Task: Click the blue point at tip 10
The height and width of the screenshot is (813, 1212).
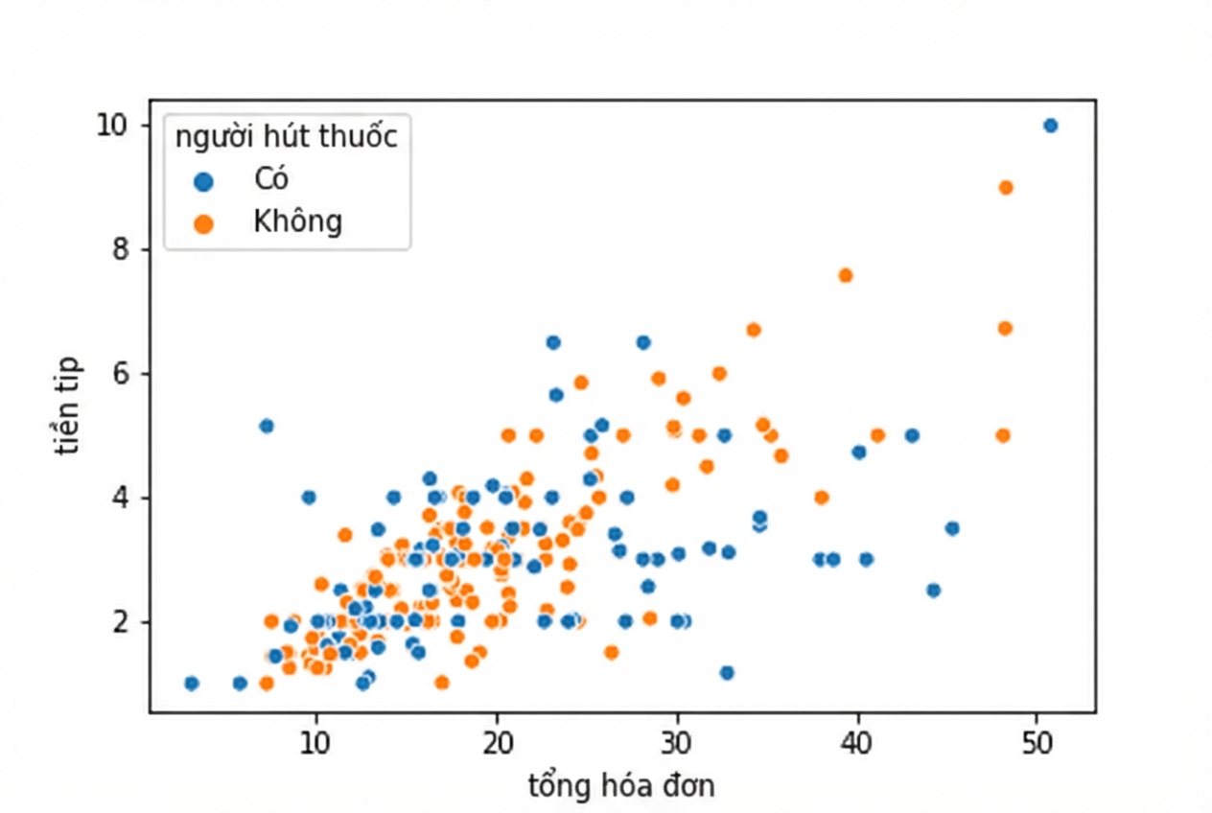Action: click(1050, 126)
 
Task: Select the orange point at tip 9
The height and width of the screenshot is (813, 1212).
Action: click(1006, 188)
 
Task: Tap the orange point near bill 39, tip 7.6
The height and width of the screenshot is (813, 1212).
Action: click(846, 276)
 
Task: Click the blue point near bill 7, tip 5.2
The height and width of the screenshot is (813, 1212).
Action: click(267, 427)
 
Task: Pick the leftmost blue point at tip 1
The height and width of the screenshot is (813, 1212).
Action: click(192, 684)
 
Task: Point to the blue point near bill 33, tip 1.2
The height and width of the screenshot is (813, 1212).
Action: click(727, 672)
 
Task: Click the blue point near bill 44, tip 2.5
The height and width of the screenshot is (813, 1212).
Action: click(933, 591)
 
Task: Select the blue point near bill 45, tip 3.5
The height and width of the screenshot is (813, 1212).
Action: click(952, 528)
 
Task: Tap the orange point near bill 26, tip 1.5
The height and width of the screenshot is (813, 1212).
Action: click(612, 652)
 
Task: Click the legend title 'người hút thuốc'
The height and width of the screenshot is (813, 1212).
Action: click(287, 136)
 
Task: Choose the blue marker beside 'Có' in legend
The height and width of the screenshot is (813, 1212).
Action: click(203, 181)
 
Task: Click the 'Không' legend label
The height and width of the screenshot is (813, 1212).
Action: click(298, 221)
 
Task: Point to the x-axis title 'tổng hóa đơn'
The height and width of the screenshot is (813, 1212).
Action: click(621, 786)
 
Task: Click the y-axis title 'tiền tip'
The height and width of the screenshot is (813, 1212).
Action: click(68, 406)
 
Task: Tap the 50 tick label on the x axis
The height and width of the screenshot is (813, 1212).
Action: click(1037, 743)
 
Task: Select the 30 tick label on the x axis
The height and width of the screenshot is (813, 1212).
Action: click(677, 743)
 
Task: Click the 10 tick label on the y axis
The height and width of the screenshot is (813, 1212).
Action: click(112, 126)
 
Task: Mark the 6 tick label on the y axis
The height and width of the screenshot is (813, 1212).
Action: click(121, 374)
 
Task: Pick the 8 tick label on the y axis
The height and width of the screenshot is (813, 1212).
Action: click(121, 250)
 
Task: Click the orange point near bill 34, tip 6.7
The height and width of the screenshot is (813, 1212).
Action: click(754, 330)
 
